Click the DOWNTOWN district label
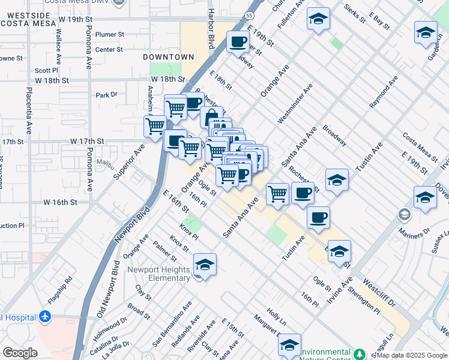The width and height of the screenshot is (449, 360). [169, 56]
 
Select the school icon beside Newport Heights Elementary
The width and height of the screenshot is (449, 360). [205, 265]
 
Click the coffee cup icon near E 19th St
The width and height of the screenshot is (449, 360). [238, 42]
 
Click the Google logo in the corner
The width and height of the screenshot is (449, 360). [20, 353]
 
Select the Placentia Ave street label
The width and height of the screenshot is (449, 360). [28, 111]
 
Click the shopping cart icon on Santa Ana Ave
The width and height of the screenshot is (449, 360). [277, 194]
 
